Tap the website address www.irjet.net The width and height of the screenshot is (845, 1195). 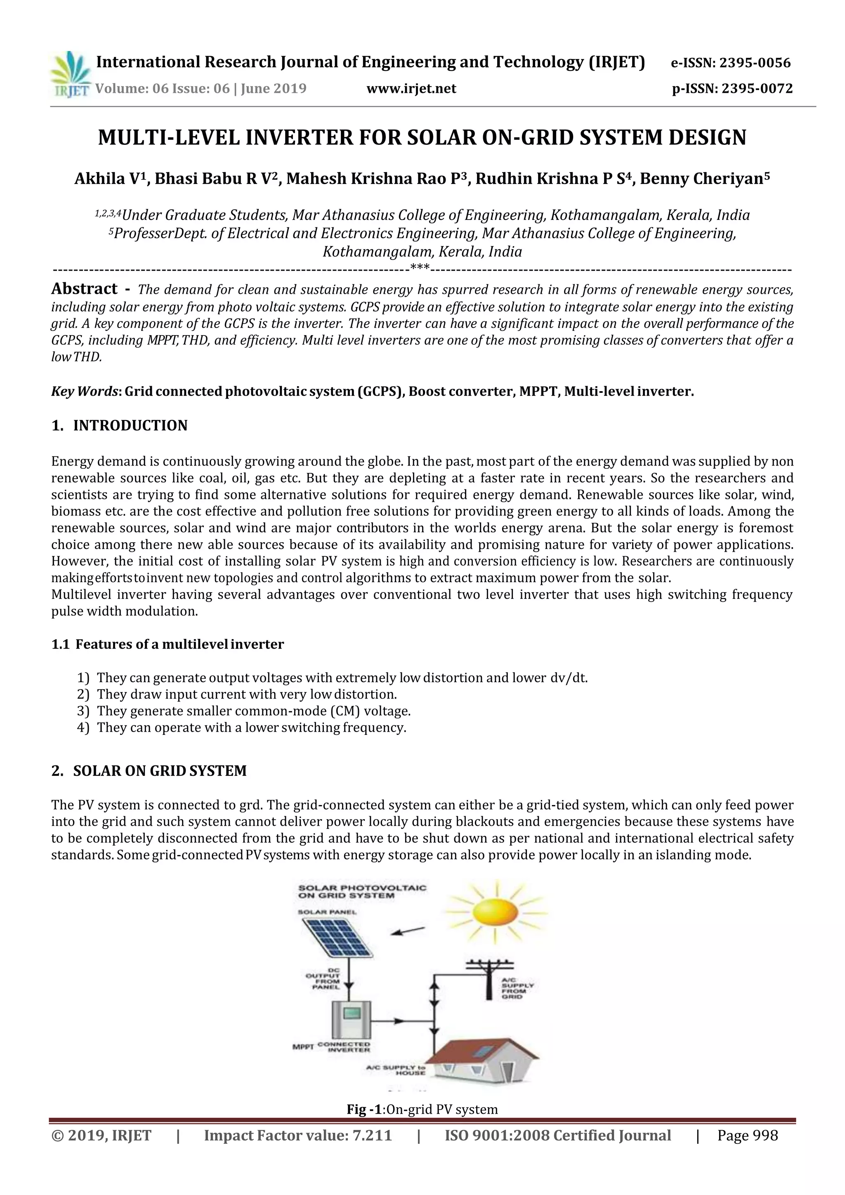tap(411, 88)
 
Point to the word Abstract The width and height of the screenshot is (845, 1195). tap(84, 289)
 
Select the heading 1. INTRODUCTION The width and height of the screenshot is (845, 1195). tap(119, 425)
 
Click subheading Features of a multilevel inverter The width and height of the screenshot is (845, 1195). tap(179, 645)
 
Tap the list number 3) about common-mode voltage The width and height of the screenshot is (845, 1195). tap(83, 711)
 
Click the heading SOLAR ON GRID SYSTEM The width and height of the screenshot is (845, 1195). tap(160, 771)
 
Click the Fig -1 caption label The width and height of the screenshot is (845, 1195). tap(364, 1110)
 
